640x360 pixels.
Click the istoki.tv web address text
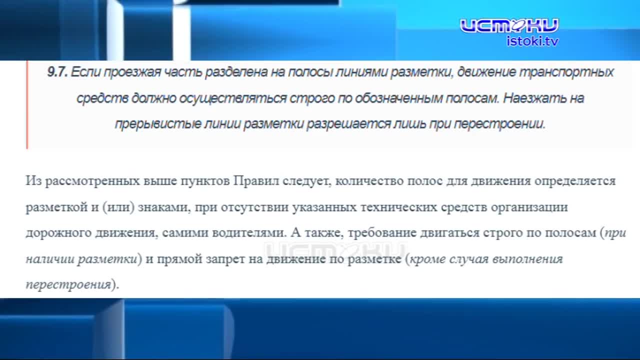(532, 41)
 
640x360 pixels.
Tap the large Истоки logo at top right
(509, 25)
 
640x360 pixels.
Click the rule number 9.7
(57, 72)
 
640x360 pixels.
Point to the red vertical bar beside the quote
(27, 105)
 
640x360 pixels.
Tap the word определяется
(575, 180)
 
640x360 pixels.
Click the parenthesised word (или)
(118, 207)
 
